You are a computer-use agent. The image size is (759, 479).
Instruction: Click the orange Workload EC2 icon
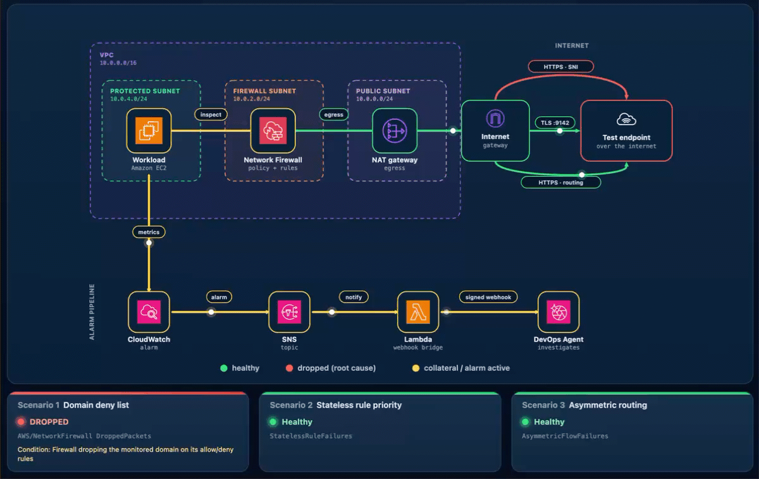point(149,131)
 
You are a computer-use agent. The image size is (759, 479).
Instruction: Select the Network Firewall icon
point(273,131)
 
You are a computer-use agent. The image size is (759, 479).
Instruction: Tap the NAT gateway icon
point(395,131)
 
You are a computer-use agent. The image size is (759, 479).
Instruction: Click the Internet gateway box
point(495,131)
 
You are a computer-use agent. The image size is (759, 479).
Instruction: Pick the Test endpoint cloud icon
point(626,119)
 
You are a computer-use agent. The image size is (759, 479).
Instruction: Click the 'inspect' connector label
point(211,114)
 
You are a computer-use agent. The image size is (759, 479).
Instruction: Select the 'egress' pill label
point(334,114)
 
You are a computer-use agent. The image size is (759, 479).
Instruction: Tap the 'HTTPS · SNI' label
point(561,67)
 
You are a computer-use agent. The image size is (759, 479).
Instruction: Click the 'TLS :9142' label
point(555,123)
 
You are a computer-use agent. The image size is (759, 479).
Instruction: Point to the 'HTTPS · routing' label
point(561,183)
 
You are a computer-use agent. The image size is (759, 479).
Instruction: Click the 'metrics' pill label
point(149,232)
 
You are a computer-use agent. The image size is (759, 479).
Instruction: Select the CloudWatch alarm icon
point(149,312)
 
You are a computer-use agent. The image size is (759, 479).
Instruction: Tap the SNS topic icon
point(289,312)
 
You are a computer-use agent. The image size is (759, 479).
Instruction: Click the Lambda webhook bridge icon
point(418,312)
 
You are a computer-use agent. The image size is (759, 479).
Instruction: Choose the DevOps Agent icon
point(558,312)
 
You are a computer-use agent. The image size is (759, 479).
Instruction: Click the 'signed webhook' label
point(488,297)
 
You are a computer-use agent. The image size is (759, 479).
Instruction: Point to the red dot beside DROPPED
point(21,421)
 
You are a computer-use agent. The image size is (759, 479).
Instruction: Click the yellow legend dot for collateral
point(416,368)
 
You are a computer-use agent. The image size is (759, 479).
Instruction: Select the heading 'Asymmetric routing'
point(608,405)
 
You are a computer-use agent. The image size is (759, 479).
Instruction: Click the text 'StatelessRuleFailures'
point(311,436)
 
